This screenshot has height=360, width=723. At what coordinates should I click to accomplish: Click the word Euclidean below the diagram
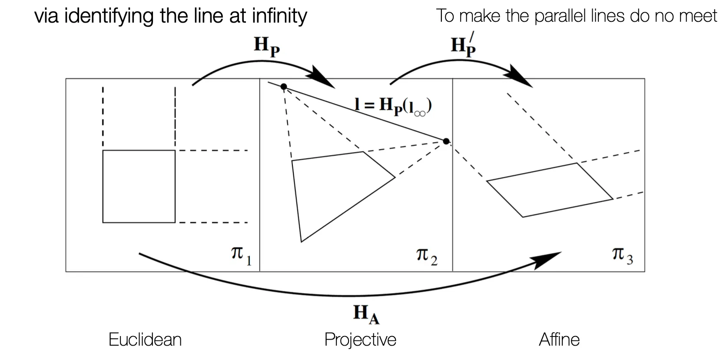[x=145, y=340]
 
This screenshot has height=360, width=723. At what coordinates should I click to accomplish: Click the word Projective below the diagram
[x=360, y=340]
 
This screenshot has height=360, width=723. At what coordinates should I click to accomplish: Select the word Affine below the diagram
[x=559, y=340]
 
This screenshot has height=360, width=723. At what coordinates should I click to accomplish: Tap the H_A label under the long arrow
[x=366, y=314]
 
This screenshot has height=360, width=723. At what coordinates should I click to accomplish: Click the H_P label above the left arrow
[x=266, y=47]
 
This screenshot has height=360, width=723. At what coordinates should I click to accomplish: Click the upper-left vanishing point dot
[x=284, y=87]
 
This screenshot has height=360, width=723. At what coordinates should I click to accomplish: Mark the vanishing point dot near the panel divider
[x=446, y=141]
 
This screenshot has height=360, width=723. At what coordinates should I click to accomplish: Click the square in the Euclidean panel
[x=139, y=186]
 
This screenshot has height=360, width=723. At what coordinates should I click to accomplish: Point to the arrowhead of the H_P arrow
[x=323, y=78]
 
